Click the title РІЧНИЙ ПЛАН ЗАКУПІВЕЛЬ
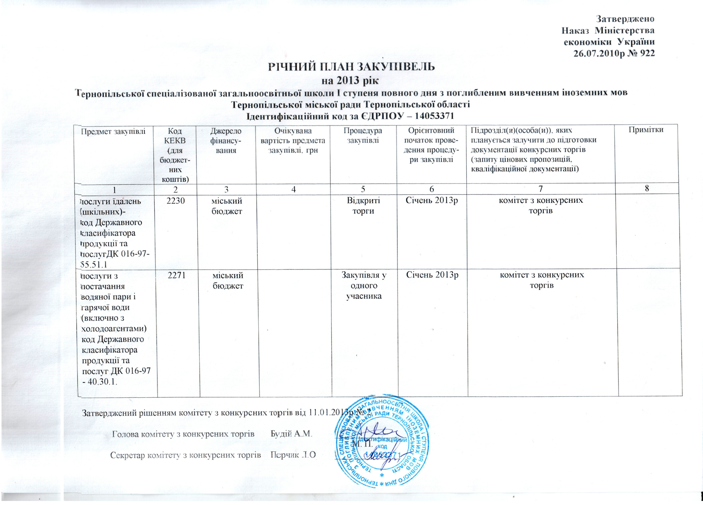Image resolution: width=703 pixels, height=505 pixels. pyautogui.click(x=351, y=67)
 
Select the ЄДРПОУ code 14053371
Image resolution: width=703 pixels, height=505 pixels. pyautogui.click(x=430, y=116)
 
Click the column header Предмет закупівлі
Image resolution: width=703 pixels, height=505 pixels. pyautogui.click(x=113, y=132)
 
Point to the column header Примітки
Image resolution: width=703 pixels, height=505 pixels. pyautogui.click(x=646, y=130)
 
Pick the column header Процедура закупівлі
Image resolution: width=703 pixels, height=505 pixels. pyautogui.click(x=363, y=135)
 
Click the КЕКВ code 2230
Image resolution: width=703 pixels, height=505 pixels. pyautogui.click(x=176, y=201)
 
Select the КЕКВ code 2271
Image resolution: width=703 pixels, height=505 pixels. pyautogui.click(x=177, y=275)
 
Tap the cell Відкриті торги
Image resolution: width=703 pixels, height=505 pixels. pyautogui.click(x=363, y=206)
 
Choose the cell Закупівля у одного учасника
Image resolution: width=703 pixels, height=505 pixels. pyautogui.click(x=364, y=285)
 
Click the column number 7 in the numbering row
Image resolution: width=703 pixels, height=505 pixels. pyautogui.click(x=540, y=188)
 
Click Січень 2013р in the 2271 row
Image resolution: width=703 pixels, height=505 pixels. pyautogui.click(x=432, y=275)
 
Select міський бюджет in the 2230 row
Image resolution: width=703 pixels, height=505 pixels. pyautogui.click(x=227, y=206)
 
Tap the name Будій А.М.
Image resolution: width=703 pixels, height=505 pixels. pyautogui.click(x=291, y=434)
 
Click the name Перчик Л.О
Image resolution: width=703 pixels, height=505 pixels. pyautogui.click(x=293, y=455)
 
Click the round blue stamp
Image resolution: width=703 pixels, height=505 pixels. pyautogui.click(x=381, y=440)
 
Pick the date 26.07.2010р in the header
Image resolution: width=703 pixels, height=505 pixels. pyautogui.click(x=599, y=53)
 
